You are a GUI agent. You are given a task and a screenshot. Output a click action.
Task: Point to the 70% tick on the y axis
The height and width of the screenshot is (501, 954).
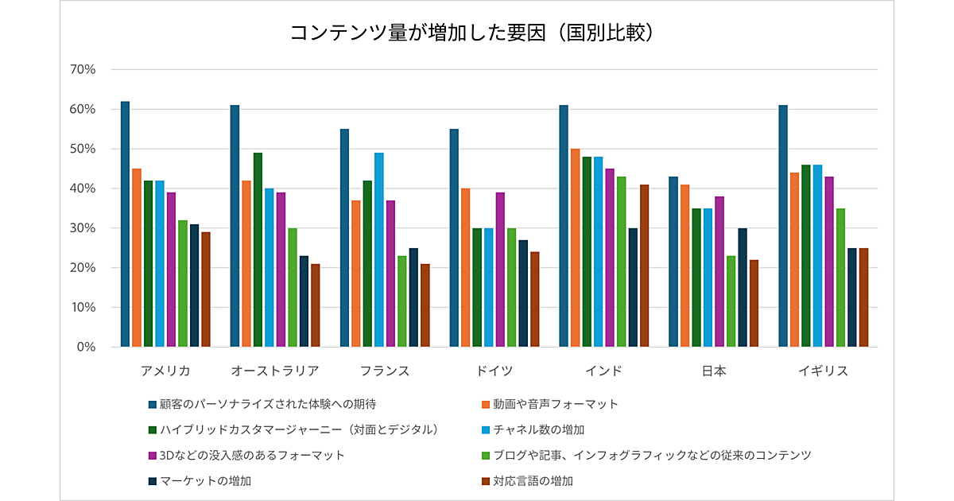83,69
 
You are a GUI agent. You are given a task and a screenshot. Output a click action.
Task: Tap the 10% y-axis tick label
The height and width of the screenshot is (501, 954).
83,308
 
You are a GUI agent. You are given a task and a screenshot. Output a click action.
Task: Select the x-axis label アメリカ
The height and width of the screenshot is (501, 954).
165,371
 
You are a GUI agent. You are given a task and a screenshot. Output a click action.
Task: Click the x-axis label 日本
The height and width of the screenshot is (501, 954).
714,371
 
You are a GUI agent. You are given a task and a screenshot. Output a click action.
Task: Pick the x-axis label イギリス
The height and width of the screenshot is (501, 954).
823,371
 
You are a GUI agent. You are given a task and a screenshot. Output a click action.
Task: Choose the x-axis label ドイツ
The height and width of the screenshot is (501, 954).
494,371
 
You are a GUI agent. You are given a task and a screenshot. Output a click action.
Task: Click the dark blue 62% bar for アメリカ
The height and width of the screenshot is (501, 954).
126,224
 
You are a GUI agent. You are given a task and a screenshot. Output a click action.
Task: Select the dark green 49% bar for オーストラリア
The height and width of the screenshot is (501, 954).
258,250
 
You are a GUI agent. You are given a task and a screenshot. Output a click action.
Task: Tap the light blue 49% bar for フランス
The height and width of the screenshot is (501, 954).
379,250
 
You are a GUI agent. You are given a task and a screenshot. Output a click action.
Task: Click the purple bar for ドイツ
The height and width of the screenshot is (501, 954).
500,270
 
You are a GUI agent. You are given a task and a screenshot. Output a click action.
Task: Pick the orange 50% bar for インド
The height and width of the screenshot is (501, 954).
575,248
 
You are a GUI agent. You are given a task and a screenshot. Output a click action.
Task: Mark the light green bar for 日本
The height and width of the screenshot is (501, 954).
731,301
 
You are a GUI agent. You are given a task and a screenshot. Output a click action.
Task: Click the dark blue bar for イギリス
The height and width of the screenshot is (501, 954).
783,226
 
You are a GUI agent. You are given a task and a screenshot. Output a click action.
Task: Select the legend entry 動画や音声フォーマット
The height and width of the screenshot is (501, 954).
555,404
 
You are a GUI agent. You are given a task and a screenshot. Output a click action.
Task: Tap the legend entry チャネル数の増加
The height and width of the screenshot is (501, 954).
538,429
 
